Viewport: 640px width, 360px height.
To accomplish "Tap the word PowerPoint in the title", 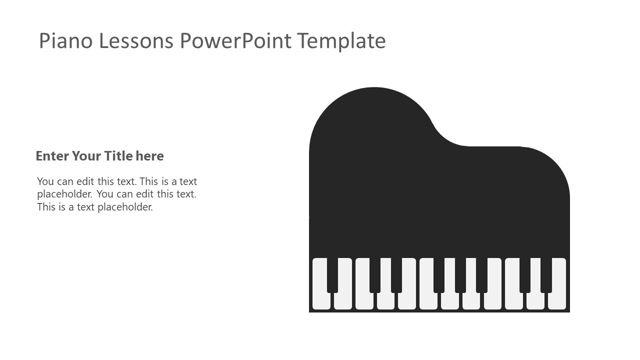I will click(235, 40).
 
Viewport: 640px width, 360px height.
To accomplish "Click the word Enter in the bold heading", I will click(52, 156).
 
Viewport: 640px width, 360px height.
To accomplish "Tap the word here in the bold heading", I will click(149, 156).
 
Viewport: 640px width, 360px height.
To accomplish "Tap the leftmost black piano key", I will click(332, 275).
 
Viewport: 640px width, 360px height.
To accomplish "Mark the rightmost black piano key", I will click(546, 275).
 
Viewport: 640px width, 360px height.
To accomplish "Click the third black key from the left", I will click(396, 275).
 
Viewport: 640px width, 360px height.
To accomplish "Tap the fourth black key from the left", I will click(439, 275).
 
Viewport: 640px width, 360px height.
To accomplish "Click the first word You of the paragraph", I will click(45, 181).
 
